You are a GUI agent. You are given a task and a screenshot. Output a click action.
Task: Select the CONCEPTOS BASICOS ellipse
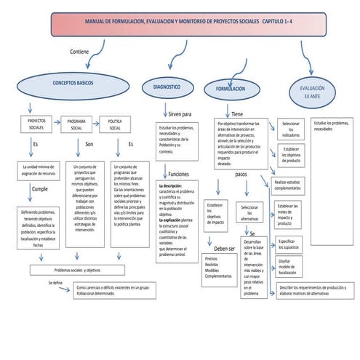coord(73,84)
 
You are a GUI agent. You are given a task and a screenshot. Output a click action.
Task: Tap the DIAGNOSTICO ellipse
coord(167,87)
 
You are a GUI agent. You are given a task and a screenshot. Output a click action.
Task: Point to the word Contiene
coord(80,52)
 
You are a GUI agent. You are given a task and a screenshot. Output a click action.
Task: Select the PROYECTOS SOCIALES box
coord(36,124)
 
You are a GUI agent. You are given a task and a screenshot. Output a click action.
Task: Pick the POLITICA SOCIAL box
coord(115,124)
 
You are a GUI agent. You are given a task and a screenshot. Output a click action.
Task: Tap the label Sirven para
coord(180,114)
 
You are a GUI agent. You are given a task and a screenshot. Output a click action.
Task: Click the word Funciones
coord(179,175)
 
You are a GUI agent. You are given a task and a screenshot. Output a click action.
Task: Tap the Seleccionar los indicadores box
coord(290,129)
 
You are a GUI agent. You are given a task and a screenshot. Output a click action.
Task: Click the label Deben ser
coord(224,228)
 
